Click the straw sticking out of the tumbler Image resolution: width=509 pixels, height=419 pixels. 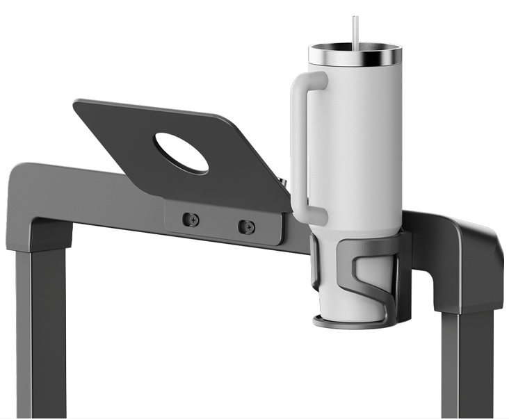[x=355, y=31]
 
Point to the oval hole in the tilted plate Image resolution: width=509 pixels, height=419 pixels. [x=181, y=153]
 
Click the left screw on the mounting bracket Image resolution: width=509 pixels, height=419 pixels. [x=191, y=220]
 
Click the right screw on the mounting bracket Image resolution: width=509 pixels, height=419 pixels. [x=246, y=227]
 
